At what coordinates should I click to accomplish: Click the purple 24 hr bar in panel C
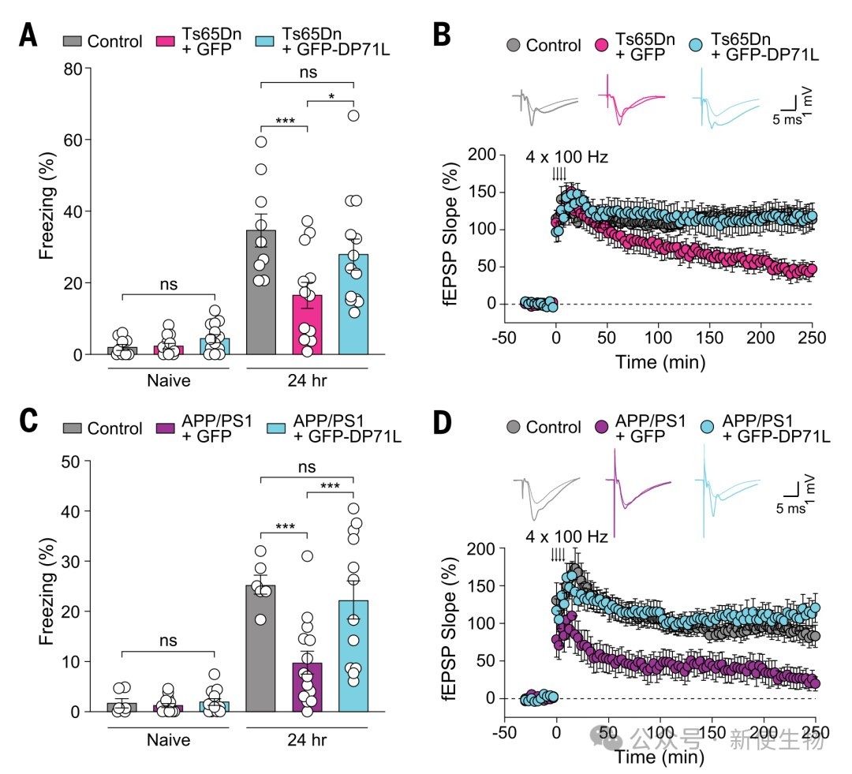point(308,686)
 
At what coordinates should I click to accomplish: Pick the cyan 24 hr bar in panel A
point(354,305)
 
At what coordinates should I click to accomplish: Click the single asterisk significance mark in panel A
point(331,96)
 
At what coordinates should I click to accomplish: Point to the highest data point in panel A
point(354,116)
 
